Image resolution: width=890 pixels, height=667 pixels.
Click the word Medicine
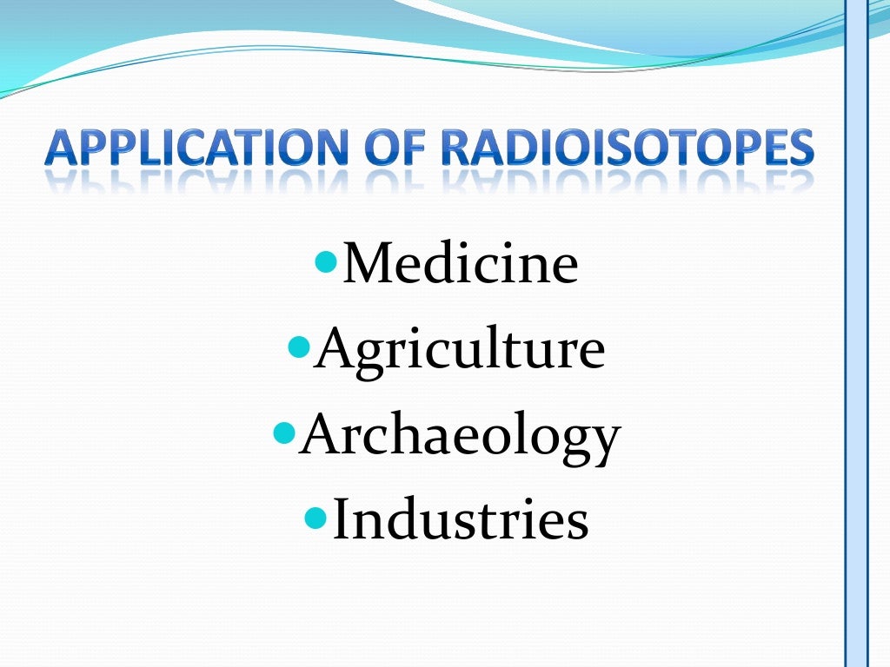coord(460,264)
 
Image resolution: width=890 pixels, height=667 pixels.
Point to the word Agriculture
coord(459,349)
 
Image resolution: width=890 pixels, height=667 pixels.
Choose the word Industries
coord(461,519)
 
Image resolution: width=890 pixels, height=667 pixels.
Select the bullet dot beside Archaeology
coord(284,430)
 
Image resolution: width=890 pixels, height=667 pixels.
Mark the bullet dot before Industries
coord(317,516)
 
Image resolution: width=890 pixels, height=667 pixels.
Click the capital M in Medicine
coord(366,264)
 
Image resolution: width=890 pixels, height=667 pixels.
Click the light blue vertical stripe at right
coord(857,347)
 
